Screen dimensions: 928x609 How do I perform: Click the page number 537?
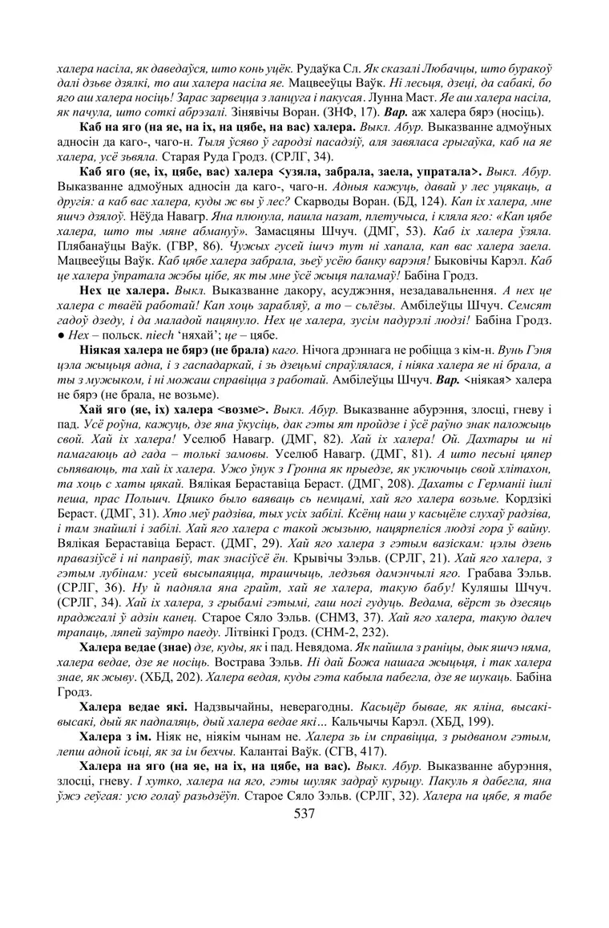pos(304,815)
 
